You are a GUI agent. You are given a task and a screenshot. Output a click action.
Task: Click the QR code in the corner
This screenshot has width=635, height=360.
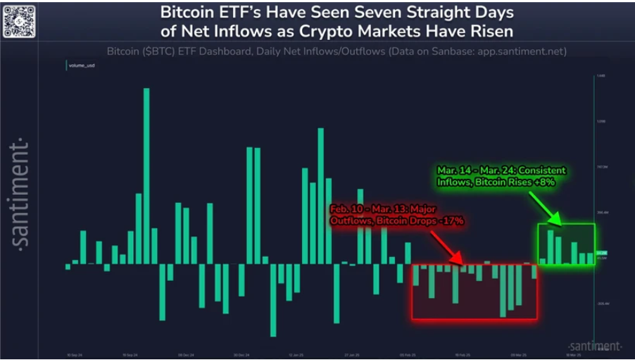pos(19,20)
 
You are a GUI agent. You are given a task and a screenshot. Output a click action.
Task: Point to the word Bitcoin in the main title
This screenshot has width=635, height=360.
pos(187,13)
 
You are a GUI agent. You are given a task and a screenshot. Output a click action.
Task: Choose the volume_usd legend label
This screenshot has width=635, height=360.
pos(82,65)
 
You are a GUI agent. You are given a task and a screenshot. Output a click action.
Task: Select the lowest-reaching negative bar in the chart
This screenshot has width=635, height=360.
pos(273,299)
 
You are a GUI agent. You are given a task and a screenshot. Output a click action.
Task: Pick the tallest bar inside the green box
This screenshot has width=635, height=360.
pos(551,247)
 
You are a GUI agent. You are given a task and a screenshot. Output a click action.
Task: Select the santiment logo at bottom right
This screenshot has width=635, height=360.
pos(594,346)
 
